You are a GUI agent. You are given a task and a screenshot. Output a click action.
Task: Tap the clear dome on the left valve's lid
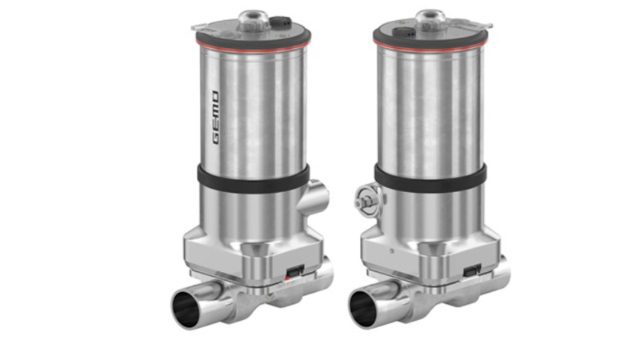pos(254,14)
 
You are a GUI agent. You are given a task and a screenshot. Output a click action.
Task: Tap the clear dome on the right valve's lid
pos(433,14)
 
